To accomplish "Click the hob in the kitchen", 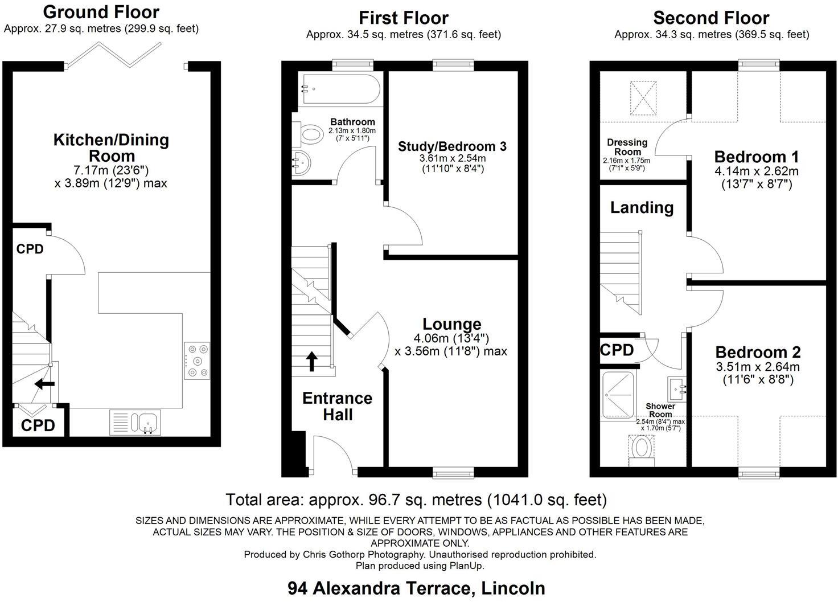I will (x=197, y=361).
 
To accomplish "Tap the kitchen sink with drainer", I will (x=135, y=423).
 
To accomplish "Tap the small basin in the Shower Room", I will (x=678, y=389).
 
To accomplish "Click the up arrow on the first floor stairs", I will (x=312, y=361).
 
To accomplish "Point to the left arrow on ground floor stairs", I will (x=44, y=384).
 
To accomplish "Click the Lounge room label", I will (x=452, y=324).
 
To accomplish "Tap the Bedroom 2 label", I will (x=758, y=352).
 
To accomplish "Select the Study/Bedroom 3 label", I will (x=452, y=146).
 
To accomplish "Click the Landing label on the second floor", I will (x=642, y=207).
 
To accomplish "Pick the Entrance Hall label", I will (x=337, y=406).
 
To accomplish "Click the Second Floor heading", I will (x=711, y=18).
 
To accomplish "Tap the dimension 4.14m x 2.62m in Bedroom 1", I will (x=757, y=171).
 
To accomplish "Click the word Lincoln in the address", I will (x=514, y=588).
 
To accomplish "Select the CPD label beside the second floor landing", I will (x=617, y=350).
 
